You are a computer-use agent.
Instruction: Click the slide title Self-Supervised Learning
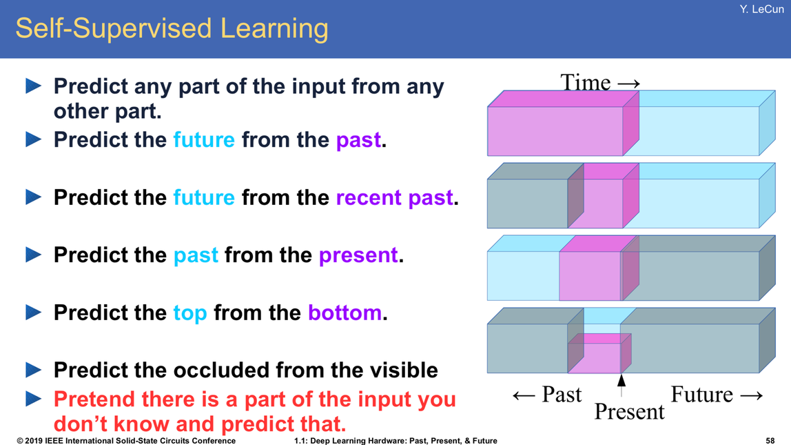[172, 29]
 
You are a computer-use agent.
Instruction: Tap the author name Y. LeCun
[762, 9]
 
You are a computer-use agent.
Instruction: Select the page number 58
[770, 440]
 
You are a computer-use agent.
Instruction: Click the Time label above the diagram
[600, 82]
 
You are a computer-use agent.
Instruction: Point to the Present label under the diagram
[629, 412]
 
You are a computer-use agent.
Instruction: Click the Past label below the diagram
[547, 395]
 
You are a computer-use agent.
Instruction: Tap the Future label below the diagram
[717, 395]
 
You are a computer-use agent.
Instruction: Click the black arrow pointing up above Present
[621, 385]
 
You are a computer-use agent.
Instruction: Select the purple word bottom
[345, 313]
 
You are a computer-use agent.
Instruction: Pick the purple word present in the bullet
[358, 256]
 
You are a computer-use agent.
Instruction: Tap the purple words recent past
[395, 198]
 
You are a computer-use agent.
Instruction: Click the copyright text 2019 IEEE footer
[126, 440]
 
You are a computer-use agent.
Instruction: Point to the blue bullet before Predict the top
[33, 312]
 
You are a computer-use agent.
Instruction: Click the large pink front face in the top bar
[555, 131]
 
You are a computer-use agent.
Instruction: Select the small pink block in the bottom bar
[594, 358]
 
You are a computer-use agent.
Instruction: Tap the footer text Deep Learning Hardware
[362, 440]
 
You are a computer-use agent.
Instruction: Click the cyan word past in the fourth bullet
[196, 256]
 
